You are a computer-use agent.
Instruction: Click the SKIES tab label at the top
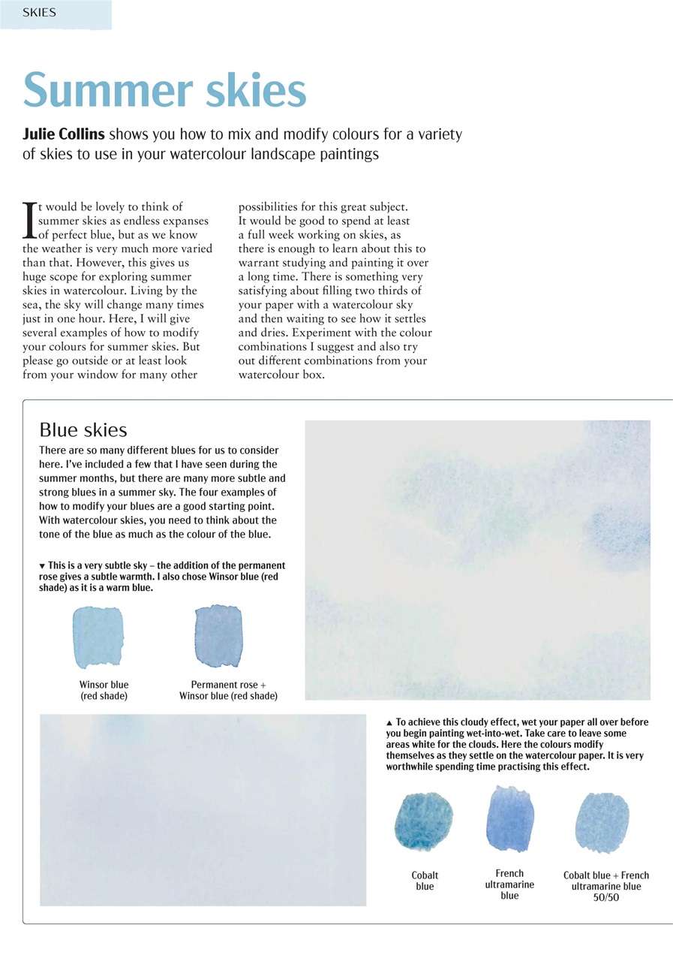click(39, 13)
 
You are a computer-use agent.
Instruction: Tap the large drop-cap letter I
click(30, 219)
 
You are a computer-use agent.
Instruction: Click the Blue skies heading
click(83, 430)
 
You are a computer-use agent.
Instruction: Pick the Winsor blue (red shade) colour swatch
click(98, 638)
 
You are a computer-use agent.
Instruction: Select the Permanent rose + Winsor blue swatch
click(218, 636)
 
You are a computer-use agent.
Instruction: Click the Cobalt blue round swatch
click(424, 823)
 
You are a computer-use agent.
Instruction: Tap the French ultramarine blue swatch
click(509, 818)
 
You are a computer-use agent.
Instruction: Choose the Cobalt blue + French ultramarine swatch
click(602, 823)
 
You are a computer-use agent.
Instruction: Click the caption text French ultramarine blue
click(509, 884)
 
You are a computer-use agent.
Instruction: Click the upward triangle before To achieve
click(389, 722)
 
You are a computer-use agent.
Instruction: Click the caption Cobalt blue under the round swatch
click(425, 881)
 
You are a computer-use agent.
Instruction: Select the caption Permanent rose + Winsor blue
click(228, 691)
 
